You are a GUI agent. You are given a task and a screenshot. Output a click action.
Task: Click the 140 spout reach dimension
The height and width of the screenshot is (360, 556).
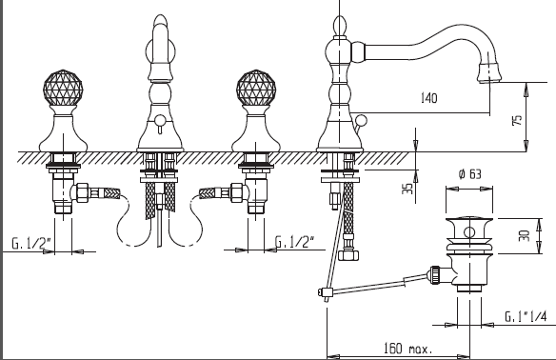click(428, 98)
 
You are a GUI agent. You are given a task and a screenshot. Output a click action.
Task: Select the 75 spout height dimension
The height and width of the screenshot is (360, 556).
click(517, 120)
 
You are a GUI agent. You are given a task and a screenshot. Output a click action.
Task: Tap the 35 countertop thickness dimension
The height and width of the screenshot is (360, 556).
click(407, 189)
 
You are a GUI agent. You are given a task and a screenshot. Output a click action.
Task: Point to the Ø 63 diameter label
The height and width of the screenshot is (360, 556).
click(469, 174)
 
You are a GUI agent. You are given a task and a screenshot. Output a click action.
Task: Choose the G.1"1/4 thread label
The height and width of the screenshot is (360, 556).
click(526, 316)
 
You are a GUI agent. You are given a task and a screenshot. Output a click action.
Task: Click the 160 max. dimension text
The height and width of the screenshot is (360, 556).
click(408, 349)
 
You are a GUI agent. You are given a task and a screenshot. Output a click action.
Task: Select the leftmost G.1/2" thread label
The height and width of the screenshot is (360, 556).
click(30, 243)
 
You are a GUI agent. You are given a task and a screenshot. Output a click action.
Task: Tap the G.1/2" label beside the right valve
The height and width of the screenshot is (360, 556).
click(295, 242)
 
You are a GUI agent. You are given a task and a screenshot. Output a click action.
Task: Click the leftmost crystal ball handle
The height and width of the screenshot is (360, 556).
click(63, 88)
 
